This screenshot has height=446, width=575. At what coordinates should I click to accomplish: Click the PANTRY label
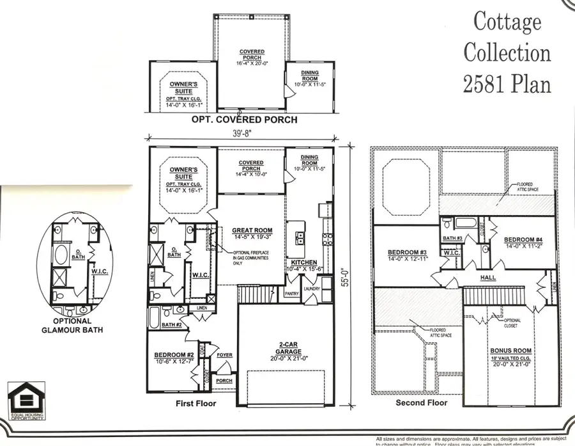point(291,294)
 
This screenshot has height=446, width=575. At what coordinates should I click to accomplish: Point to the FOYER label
point(224,354)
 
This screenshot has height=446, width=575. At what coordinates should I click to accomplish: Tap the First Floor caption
point(195,404)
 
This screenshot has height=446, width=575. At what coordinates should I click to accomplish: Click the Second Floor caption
point(422,403)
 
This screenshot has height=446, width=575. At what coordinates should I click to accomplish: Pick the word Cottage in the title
point(507,22)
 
